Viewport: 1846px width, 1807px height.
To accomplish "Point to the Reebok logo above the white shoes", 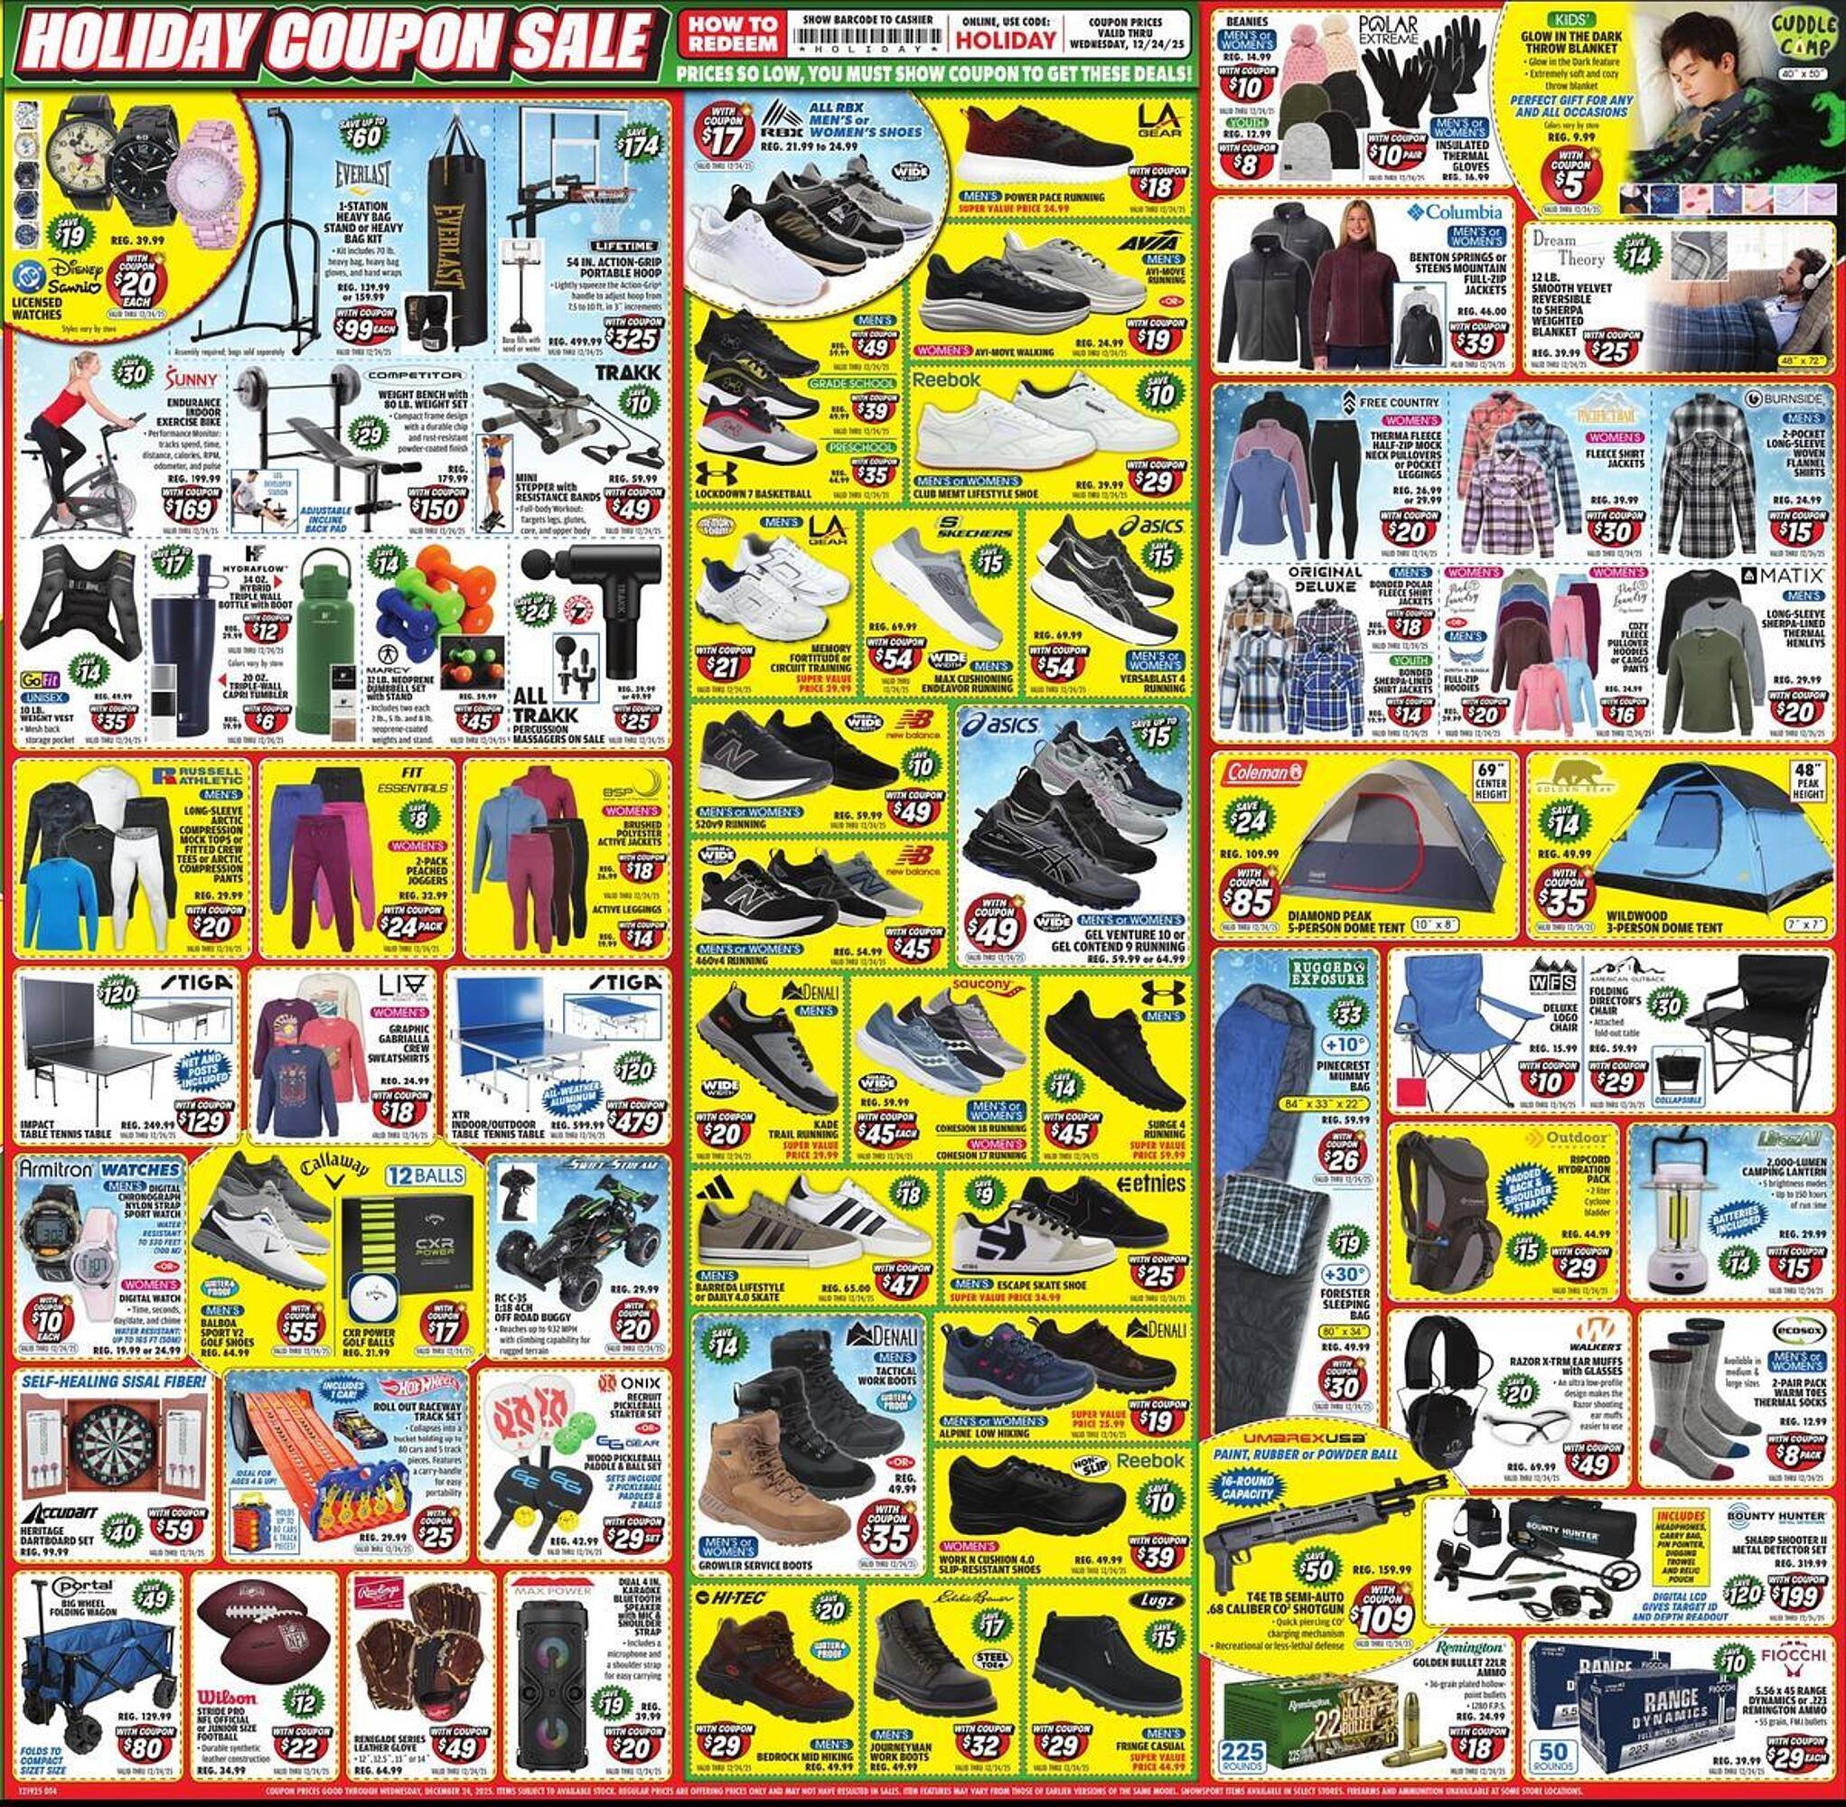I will click(945, 379).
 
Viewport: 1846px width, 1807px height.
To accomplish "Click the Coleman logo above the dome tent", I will click(1266, 771).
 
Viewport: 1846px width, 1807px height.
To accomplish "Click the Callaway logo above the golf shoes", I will click(333, 1174).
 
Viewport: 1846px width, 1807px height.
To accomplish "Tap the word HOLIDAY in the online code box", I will click(1004, 41).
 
